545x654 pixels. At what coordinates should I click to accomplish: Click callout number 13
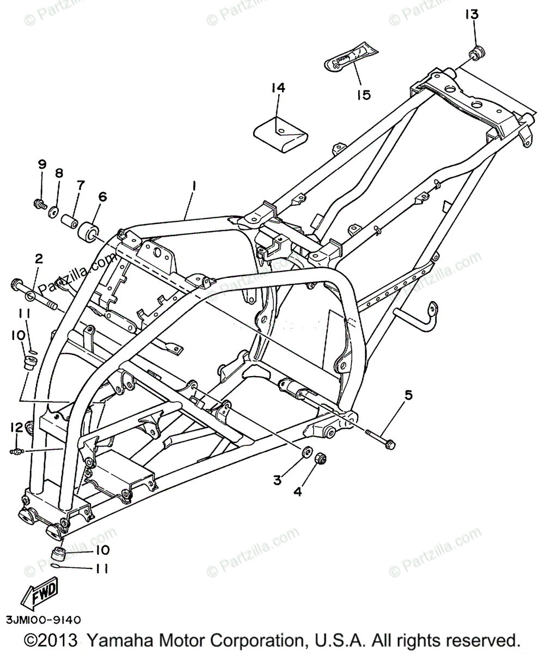[x=471, y=14]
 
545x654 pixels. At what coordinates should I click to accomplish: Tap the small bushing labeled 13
[x=477, y=53]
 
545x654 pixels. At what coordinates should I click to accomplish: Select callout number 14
[x=279, y=88]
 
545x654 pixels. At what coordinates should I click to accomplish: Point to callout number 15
[x=364, y=94]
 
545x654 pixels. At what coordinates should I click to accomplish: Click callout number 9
[x=42, y=164]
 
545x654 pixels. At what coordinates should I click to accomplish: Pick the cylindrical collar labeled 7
[x=69, y=223]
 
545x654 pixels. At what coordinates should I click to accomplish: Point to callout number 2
[x=39, y=258]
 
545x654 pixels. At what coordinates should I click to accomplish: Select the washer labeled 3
[x=307, y=452]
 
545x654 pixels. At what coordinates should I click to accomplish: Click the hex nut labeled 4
[x=321, y=459]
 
